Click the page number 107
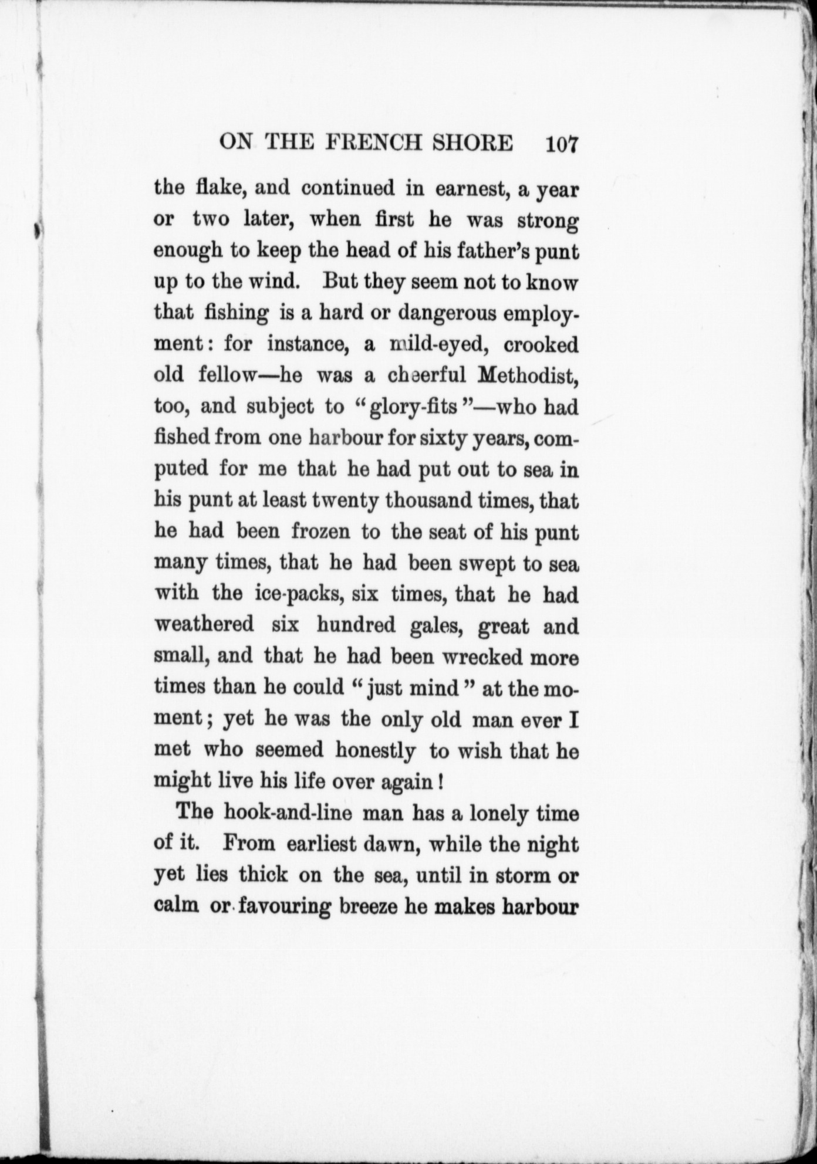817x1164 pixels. pos(562,144)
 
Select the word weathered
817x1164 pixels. pos(204,625)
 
